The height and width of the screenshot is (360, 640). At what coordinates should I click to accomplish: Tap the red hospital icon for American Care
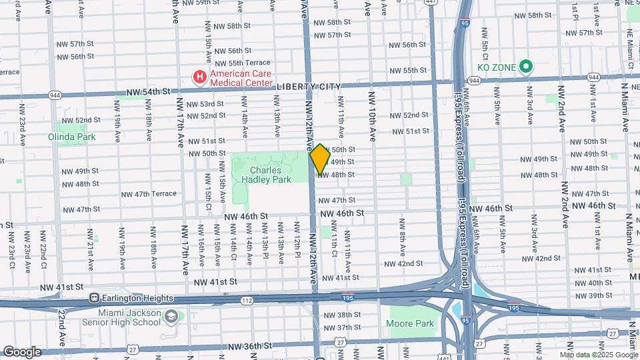[199, 78]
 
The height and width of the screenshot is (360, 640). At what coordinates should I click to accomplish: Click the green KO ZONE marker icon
[525, 67]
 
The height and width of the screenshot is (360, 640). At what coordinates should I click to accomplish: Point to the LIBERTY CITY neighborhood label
[308, 86]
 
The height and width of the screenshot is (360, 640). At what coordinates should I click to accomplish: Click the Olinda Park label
[71, 137]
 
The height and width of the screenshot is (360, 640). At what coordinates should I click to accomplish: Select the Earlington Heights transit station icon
[95, 298]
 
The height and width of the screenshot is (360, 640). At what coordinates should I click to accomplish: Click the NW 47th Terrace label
[149, 194]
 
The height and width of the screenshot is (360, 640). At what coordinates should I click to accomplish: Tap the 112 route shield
[247, 301]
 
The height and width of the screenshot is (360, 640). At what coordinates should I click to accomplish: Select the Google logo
[22, 351]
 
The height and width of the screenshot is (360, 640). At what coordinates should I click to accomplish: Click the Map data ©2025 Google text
[599, 355]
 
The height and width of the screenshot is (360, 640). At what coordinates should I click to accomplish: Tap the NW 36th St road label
[247, 346]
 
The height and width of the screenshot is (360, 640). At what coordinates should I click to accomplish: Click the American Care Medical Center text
[241, 78]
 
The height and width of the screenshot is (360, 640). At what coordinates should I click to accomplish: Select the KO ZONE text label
[496, 67]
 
